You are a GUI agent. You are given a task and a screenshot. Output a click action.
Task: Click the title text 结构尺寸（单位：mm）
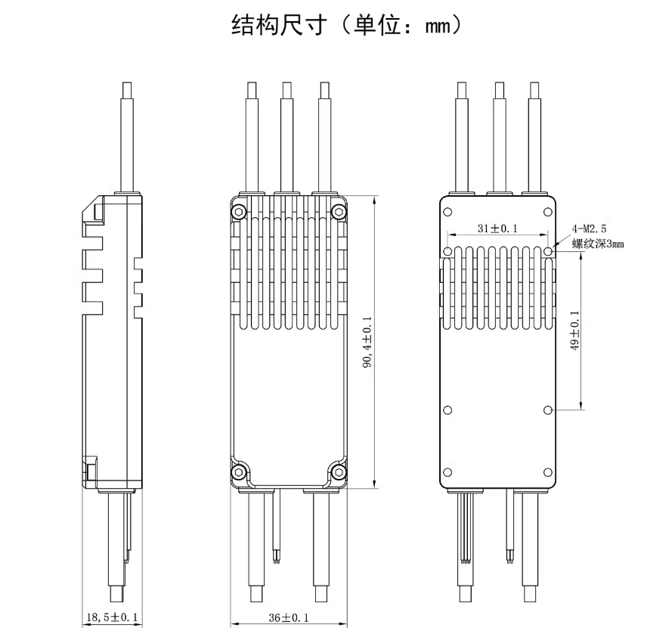click(x=336, y=28)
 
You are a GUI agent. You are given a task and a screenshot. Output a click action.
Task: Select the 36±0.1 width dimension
click(x=290, y=617)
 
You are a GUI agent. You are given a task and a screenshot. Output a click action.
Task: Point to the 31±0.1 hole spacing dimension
click(x=498, y=229)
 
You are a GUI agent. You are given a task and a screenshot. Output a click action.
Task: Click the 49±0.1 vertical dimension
click(x=574, y=331)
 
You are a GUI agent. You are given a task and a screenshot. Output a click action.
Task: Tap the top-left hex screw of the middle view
click(x=239, y=211)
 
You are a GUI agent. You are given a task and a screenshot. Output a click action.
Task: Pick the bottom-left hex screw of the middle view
click(x=239, y=472)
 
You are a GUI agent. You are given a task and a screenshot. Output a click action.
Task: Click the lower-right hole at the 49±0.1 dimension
click(x=549, y=409)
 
